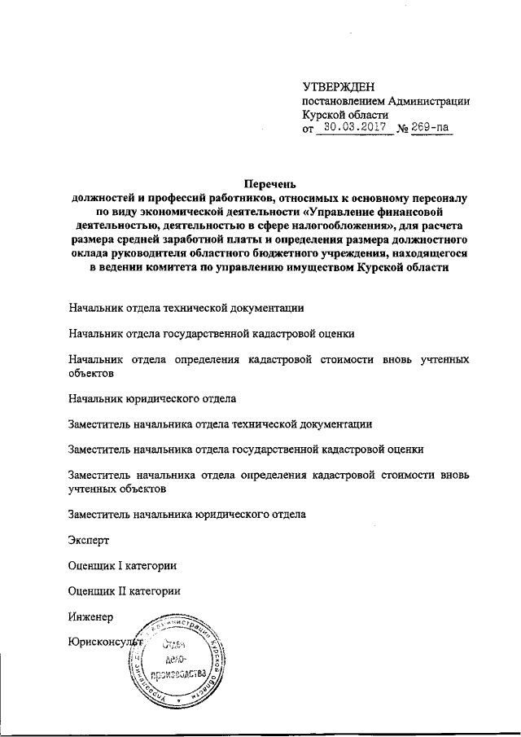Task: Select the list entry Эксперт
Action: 90,540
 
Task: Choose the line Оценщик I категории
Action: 123,565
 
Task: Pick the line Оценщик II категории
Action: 125,590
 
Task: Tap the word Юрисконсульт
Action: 106,641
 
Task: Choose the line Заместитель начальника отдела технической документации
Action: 221,424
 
